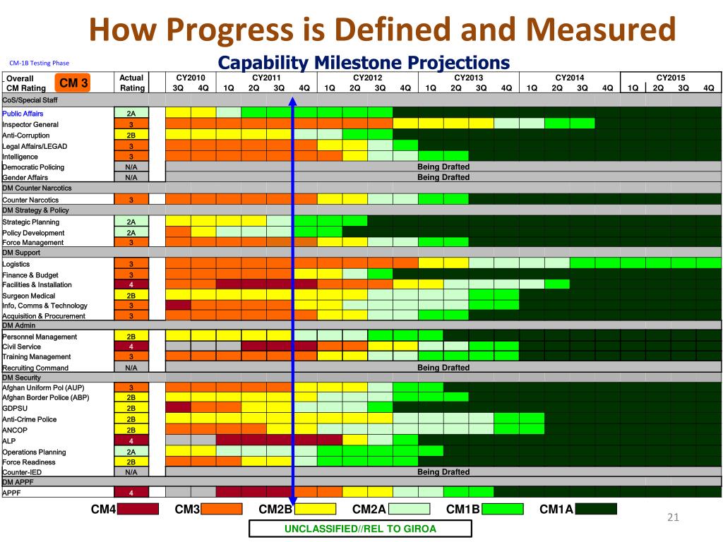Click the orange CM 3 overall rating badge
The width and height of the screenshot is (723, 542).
click(x=73, y=83)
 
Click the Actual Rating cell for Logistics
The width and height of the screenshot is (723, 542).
click(x=131, y=264)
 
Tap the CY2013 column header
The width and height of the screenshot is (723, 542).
click(x=468, y=78)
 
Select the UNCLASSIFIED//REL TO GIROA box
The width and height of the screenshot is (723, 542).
click(x=360, y=529)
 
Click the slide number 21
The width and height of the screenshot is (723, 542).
click(x=673, y=519)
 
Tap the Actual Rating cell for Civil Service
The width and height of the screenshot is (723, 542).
click(x=131, y=347)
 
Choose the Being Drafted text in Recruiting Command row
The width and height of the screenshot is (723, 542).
click(x=443, y=368)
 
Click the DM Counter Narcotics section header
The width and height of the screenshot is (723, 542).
click(x=37, y=188)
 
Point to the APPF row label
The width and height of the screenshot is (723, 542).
click(x=12, y=493)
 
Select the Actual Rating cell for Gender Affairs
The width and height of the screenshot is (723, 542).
click(x=131, y=178)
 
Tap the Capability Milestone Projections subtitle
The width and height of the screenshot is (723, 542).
click(x=364, y=63)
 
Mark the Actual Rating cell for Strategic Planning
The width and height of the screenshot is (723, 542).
click(x=131, y=222)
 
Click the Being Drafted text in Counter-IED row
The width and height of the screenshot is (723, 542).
click(x=443, y=472)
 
